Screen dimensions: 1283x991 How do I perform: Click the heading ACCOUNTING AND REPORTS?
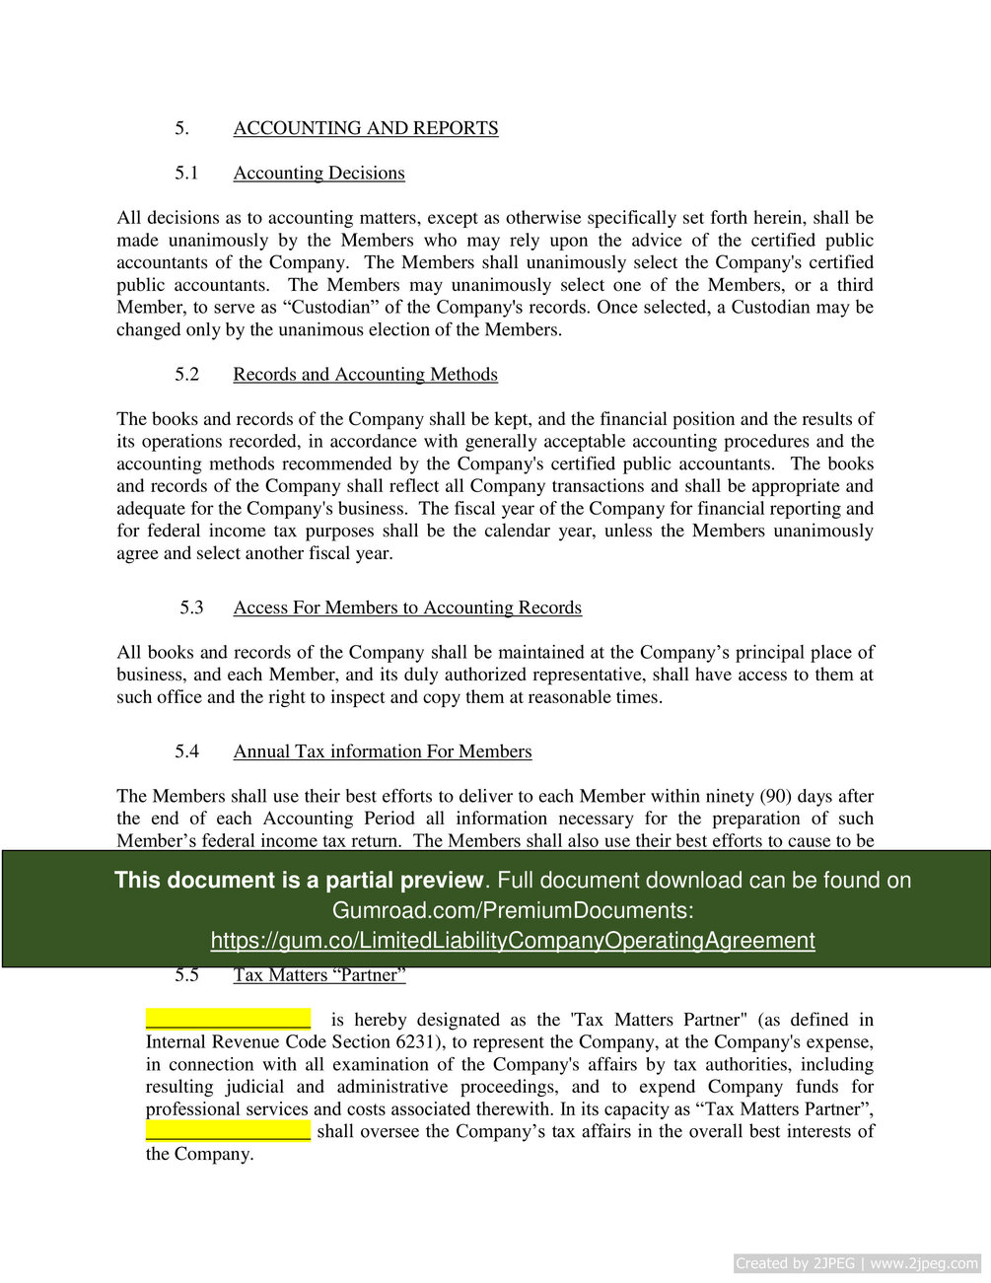pos(365,128)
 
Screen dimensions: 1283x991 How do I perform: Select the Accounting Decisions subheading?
pos(319,174)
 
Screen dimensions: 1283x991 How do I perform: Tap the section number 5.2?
pos(187,375)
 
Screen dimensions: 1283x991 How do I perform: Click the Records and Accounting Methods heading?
pos(365,375)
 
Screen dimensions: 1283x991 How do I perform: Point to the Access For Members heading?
pos(407,607)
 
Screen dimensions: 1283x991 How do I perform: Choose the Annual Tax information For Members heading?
pos(382,751)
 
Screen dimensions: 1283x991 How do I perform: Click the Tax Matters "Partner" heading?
pos(319,975)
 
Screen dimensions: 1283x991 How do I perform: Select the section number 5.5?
pos(187,975)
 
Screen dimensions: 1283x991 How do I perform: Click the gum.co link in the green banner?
pos(513,941)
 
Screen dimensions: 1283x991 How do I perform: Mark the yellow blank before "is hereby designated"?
pos(228,1019)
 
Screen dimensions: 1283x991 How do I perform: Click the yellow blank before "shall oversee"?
pos(228,1130)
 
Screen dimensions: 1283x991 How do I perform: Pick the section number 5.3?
pos(191,607)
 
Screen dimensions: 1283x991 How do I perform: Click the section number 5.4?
pos(187,751)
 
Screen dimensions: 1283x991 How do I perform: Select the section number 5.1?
pos(187,174)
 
